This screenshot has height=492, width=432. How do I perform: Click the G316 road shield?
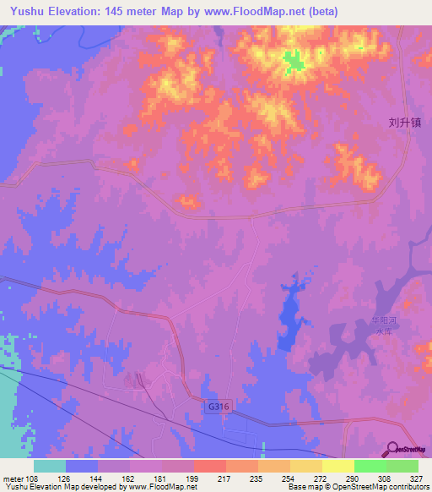point(219,407)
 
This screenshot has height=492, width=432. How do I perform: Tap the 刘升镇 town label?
point(404,122)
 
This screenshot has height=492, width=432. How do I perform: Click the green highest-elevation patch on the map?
point(293,61)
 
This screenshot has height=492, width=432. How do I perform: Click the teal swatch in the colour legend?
point(50,466)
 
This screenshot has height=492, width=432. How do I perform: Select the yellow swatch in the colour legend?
point(338,466)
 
